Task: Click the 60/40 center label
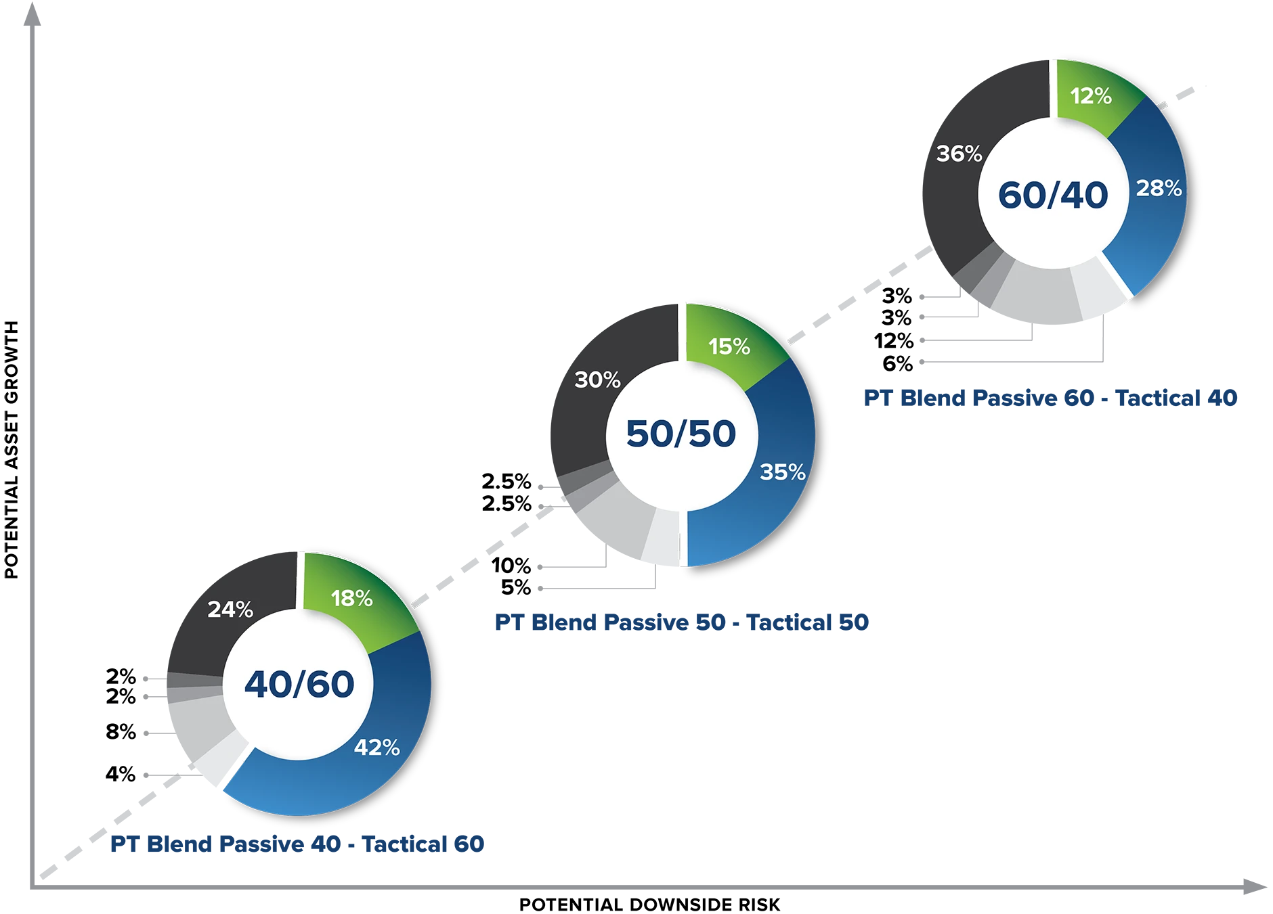pyautogui.click(x=1053, y=195)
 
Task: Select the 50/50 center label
pyautogui.click(x=681, y=434)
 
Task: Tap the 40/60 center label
pyautogui.click(x=299, y=684)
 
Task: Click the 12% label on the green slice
pyautogui.click(x=1091, y=96)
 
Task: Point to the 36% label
pyautogui.click(x=959, y=154)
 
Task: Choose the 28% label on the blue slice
pyautogui.click(x=1159, y=188)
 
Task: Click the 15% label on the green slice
pyautogui.click(x=729, y=346)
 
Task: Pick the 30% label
pyautogui.click(x=597, y=380)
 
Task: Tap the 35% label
pyautogui.click(x=782, y=472)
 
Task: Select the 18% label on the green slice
pyautogui.click(x=351, y=598)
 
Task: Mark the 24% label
pyautogui.click(x=230, y=610)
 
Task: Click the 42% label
pyautogui.click(x=376, y=747)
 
